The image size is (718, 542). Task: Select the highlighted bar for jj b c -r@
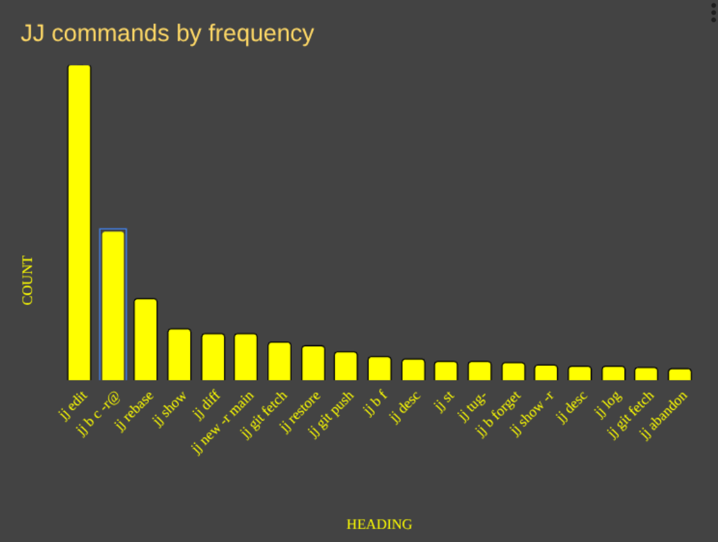pos(113,306)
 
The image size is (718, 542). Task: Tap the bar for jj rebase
pos(145,339)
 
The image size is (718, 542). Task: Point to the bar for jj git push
pos(346,366)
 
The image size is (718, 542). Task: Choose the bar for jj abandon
pos(679,375)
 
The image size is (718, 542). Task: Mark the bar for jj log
pos(613,373)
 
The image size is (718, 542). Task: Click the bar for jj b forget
pos(513,371)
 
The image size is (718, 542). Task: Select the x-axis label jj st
pos(445,400)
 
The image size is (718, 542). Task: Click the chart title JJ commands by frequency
pos(167,33)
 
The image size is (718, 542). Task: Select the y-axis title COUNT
pos(28,280)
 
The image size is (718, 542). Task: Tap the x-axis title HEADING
pos(379,524)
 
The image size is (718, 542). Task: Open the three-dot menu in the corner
pos(713,12)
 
